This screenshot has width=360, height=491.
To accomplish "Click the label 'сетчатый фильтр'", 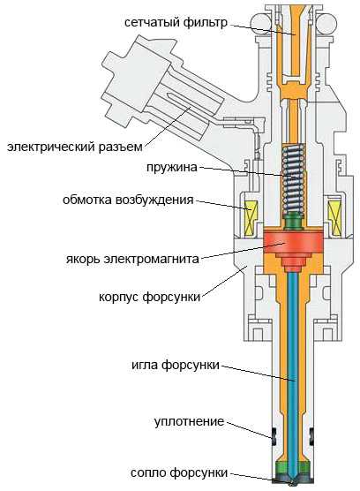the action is click(x=176, y=23).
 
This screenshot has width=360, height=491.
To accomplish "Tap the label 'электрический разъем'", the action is click(x=75, y=147).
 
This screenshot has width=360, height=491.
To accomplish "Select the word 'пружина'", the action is click(x=172, y=167).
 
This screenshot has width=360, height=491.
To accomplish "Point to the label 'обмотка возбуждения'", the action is click(x=128, y=200).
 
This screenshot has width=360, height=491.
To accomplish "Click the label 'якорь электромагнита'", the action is click(x=132, y=259).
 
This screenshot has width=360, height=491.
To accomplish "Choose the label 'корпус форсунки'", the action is click(x=149, y=297).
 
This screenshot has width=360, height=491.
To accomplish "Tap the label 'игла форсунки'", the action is click(x=176, y=365).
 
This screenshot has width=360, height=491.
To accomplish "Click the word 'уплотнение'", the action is click(x=189, y=421).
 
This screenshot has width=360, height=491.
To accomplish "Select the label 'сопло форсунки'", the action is click(x=179, y=472).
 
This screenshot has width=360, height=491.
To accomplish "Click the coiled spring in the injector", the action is click(x=293, y=180).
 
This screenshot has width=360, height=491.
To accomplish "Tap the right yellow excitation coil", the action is click(x=334, y=217).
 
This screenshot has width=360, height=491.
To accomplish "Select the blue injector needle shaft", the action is click(x=292, y=376).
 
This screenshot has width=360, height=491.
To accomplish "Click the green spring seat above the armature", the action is click(x=293, y=222).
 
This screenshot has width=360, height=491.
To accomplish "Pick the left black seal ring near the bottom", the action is click(x=274, y=436).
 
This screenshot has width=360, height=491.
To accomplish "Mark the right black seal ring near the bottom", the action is click(x=311, y=436).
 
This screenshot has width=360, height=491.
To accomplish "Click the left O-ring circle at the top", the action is click(x=260, y=24).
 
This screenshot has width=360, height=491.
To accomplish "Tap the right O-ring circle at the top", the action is click(x=326, y=24).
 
